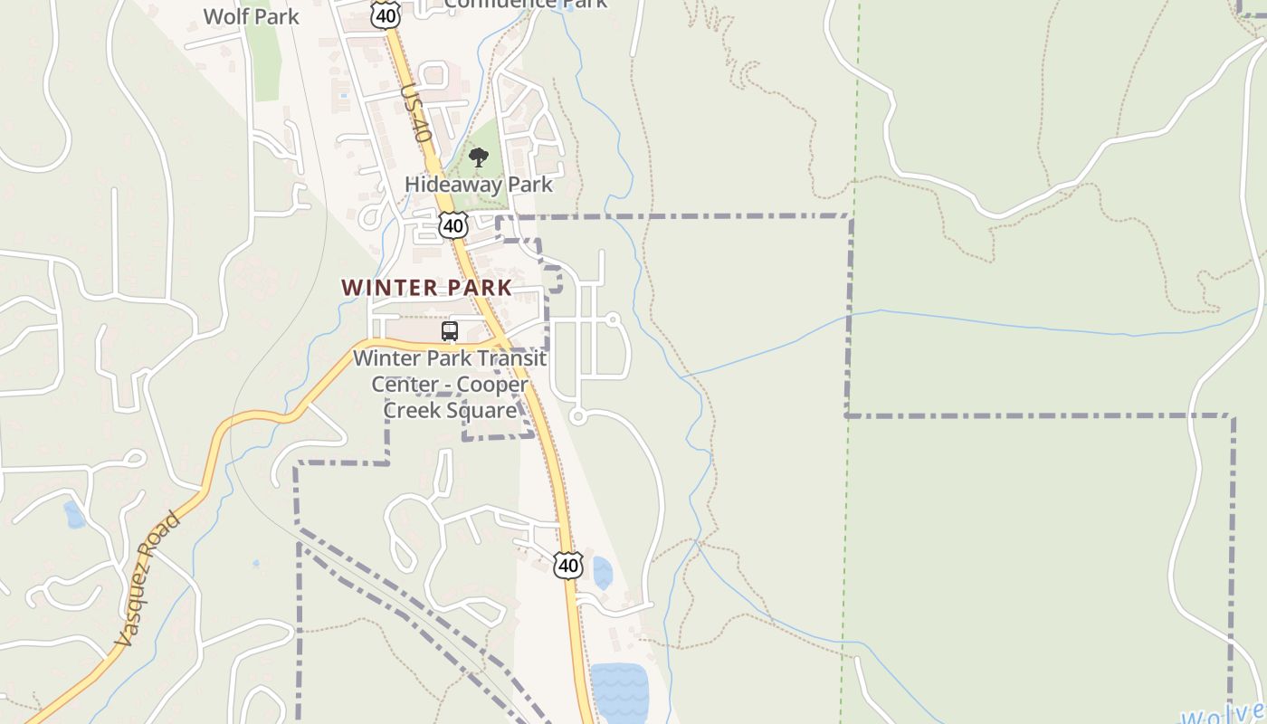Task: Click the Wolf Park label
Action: click(x=251, y=16)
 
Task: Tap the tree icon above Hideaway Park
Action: click(x=479, y=158)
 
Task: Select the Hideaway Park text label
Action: click(x=478, y=185)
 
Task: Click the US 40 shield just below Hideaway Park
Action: click(x=453, y=224)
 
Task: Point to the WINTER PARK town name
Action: click(x=426, y=288)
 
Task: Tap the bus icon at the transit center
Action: click(x=450, y=331)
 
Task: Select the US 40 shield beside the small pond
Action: click(x=567, y=566)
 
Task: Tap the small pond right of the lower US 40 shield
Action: click(x=602, y=573)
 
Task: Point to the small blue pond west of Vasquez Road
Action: click(x=74, y=515)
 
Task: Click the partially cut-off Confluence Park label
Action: click(x=526, y=5)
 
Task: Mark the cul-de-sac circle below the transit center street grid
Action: click(x=578, y=416)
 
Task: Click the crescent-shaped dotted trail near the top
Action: click(x=748, y=74)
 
